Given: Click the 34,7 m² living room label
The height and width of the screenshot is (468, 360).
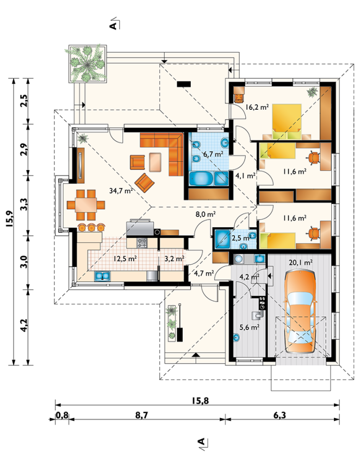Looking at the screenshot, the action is coord(121,190).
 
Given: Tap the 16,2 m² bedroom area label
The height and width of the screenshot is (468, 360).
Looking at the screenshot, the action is coord(257,107).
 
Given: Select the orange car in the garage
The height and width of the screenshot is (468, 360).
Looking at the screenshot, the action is coord(300,312).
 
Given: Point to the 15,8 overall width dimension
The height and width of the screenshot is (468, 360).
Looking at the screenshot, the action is coord(200,401).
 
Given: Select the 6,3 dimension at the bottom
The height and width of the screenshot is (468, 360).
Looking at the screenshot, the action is coord(280,415).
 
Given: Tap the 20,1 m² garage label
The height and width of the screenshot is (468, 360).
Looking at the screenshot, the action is coord(301,263).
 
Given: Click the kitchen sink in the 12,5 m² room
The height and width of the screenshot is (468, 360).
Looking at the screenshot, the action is coord(102,276).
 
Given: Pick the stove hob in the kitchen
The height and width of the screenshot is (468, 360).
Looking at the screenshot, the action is coord(142,242).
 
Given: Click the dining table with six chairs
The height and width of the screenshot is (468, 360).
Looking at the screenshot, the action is coord(86,205).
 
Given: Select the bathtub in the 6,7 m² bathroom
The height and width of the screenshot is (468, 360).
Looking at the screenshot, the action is coord(202,178).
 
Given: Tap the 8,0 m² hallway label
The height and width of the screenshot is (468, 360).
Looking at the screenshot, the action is coord(206,214).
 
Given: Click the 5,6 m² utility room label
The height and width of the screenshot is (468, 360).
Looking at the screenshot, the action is coord(249,327).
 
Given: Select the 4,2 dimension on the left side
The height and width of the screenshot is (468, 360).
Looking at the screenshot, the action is coord(24,326).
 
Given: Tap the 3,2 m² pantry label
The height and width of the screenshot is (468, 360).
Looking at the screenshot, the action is coord(175,259).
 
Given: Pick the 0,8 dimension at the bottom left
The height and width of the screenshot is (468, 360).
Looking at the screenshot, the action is coord(62,415).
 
